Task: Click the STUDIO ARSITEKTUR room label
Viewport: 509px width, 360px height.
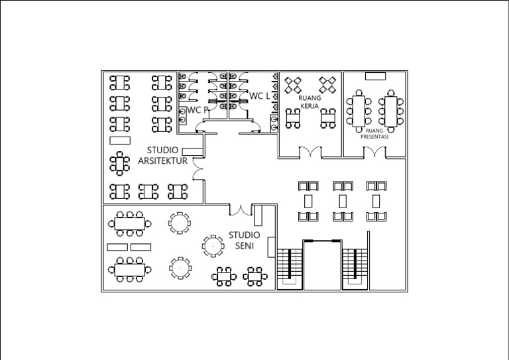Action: click(x=162, y=155)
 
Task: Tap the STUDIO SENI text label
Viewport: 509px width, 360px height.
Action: click(x=245, y=240)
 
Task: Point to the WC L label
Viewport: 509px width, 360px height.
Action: click(x=260, y=96)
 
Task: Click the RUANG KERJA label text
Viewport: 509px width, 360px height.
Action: click(x=310, y=101)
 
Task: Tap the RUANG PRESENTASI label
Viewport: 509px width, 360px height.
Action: click(x=374, y=133)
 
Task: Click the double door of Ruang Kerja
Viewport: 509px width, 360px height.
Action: click(x=310, y=152)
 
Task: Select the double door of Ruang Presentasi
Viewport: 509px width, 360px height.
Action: click(x=374, y=152)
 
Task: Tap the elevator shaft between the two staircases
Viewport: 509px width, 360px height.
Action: click(x=322, y=265)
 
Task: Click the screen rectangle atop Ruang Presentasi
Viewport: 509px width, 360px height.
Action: click(x=374, y=76)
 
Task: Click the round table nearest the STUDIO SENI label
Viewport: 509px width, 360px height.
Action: click(x=213, y=245)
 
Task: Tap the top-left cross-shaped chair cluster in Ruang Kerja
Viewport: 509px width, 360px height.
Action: click(x=294, y=84)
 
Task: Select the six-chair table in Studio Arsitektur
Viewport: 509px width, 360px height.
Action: click(x=120, y=163)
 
